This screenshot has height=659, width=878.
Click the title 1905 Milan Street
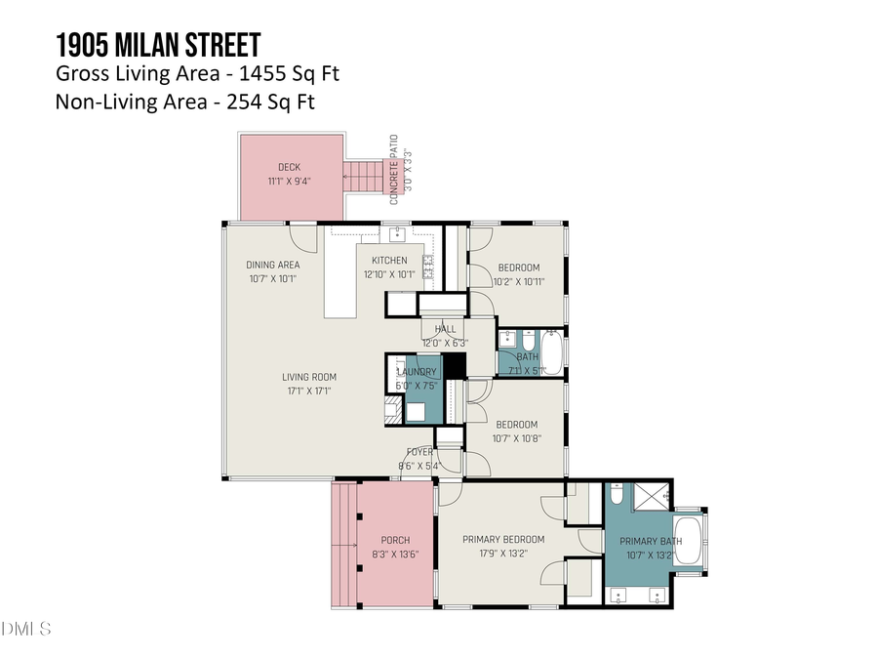pos(158,45)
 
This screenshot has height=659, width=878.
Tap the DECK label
pos(289,167)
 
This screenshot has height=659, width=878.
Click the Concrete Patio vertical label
pos(395,169)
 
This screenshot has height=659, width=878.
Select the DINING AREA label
pos(272,265)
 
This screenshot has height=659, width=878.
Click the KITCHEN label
pos(389,261)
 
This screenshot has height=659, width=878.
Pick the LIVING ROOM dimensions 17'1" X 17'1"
pos(310,391)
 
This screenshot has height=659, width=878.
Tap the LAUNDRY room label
pos(417,372)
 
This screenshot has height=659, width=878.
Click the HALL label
pos(445,330)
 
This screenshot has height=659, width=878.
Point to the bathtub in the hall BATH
pos(551,354)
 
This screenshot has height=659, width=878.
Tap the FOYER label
pos(420,452)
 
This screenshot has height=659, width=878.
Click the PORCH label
pos(396,540)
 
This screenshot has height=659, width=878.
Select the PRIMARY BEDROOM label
pos(503,539)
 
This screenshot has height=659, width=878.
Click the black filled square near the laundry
pos(454,367)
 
